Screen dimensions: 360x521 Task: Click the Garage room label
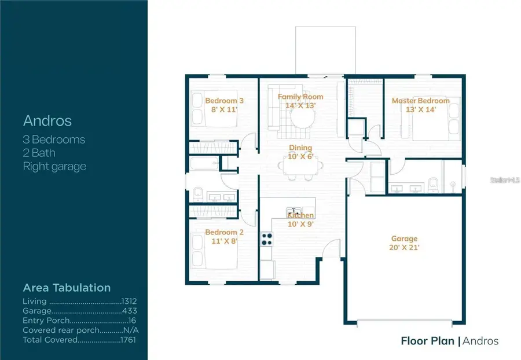click(x=404, y=238)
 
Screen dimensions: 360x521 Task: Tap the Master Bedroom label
click(x=421, y=101)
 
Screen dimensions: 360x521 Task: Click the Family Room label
click(x=300, y=97)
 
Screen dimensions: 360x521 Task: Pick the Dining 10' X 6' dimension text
click(x=300, y=156)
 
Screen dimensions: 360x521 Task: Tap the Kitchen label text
click(x=300, y=215)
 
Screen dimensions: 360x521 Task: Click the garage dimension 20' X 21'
click(x=404, y=247)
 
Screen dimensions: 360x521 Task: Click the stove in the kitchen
click(x=267, y=238)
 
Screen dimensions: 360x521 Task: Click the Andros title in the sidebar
click(x=47, y=120)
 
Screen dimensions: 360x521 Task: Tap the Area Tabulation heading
click(x=67, y=288)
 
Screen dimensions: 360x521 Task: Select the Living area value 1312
click(x=129, y=302)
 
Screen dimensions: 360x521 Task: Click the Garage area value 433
click(x=130, y=311)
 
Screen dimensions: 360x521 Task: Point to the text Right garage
click(x=54, y=167)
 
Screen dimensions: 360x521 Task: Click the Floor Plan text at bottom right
click(x=427, y=341)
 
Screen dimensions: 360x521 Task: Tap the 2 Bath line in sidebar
click(x=39, y=153)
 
